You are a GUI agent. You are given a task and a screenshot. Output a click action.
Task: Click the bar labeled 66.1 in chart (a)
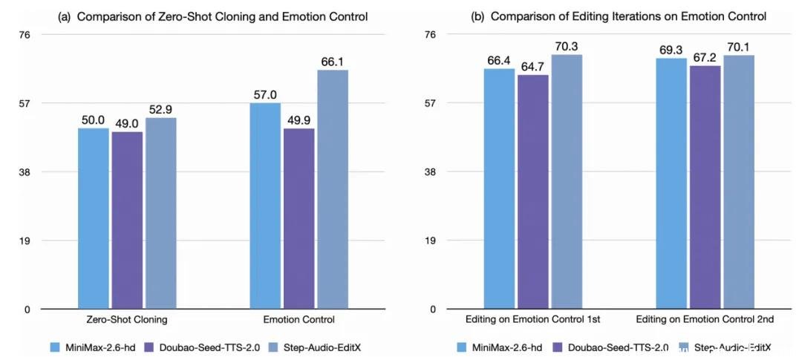tap(332, 189)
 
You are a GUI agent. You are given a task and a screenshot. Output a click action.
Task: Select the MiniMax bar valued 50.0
tap(93, 218)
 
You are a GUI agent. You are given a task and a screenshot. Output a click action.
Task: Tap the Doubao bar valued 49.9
tap(299, 219)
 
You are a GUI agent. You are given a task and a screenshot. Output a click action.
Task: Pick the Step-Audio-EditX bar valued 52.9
tap(160, 213)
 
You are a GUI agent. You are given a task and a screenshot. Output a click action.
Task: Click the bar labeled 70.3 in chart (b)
tap(567, 182)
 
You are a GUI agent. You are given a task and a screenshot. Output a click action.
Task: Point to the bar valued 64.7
tap(533, 192)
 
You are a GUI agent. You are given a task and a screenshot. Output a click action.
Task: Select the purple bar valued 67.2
tap(705, 187)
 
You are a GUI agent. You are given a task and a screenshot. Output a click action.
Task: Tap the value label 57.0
tap(264, 95)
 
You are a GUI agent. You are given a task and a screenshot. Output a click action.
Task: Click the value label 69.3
tap(671, 50)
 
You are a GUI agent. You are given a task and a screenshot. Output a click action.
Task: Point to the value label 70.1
tap(739, 47)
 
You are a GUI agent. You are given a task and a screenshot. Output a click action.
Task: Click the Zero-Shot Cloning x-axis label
tap(127, 320)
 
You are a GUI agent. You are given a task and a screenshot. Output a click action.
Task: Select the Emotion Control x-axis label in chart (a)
tap(299, 320)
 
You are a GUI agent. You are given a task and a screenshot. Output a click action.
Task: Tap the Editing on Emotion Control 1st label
tap(533, 320)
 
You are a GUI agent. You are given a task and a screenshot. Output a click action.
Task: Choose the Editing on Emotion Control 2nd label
tap(705, 320)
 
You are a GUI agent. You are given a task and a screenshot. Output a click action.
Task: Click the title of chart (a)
tap(214, 16)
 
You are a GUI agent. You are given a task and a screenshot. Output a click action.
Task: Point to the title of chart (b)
tap(619, 16)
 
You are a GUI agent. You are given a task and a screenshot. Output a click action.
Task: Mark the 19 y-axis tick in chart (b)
tap(430, 240)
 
